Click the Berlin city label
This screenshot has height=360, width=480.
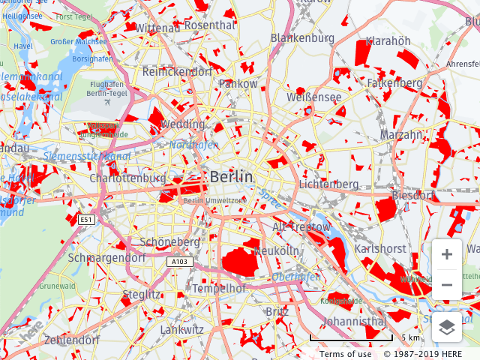pos(232,177)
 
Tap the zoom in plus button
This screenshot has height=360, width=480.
pos(447,254)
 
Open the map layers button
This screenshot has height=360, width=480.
pos(447,327)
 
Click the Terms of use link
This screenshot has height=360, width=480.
pos(345,354)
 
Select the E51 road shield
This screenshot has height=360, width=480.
pos(87,219)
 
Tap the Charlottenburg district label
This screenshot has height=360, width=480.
pos(127,179)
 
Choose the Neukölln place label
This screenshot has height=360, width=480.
pos(277,250)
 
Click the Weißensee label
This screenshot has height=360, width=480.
pos(313,97)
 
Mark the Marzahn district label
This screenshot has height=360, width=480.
pos(400,135)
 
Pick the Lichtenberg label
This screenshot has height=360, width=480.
pos(328,184)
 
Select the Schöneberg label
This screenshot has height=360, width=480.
pos(170,242)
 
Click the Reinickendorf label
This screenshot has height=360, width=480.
pos(177,72)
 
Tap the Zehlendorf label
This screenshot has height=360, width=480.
pos(72,340)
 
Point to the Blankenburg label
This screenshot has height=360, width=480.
pos(302,37)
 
